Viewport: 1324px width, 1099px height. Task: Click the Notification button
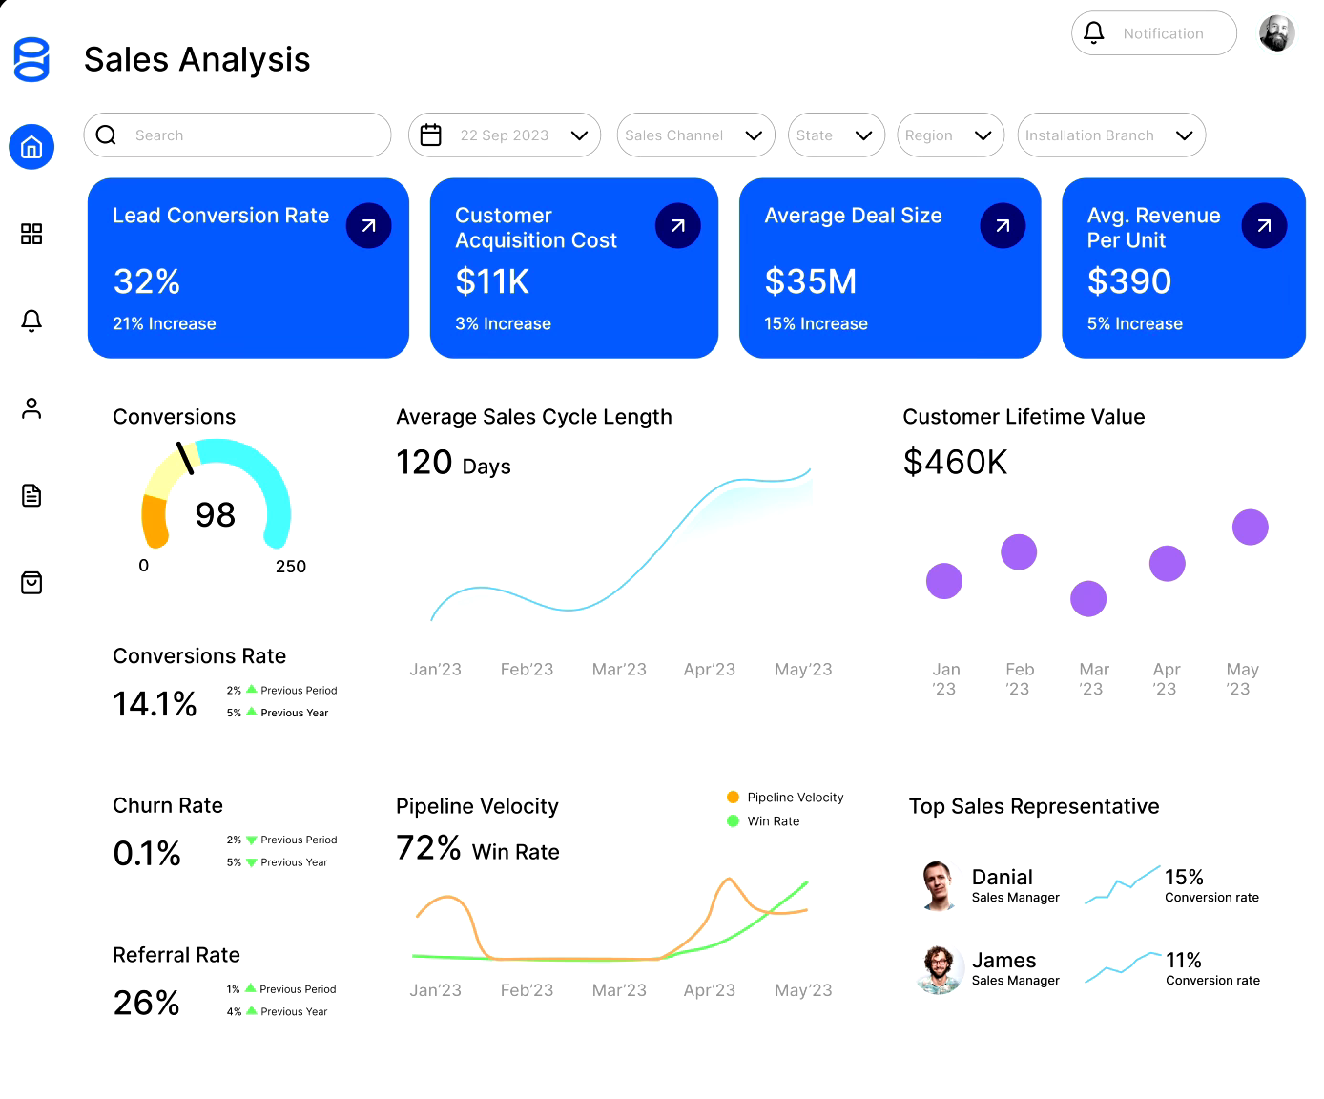(x=1153, y=33)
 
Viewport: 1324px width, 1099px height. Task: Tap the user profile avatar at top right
(x=1276, y=33)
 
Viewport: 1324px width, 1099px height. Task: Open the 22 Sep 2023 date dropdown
(x=505, y=135)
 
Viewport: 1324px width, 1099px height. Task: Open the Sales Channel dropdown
(x=695, y=135)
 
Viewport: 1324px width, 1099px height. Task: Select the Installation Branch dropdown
(x=1111, y=135)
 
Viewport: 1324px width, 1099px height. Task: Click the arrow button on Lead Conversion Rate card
(x=368, y=226)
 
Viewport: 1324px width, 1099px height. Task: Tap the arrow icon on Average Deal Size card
(x=1003, y=226)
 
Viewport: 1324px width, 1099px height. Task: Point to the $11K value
(x=492, y=281)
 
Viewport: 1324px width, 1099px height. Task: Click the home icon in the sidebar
(x=31, y=147)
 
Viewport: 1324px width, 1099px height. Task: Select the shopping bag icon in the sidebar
(x=31, y=583)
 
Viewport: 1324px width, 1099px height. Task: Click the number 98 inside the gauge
(x=216, y=515)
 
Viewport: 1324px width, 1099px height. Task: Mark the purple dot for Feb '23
(x=1019, y=552)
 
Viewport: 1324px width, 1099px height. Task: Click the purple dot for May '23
(x=1250, y=527)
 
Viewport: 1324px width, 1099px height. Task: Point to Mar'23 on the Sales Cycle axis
(x=619, y=670)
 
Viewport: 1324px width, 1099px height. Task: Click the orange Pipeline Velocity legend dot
(x=733, y=798)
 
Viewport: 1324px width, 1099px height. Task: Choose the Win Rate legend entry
(x=773, y=821)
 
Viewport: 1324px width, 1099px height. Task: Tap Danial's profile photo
(x=939, y=885)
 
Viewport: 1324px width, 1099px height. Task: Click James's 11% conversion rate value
(x=1184, y=961)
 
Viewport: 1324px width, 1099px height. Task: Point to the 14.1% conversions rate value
(x=155, y=704)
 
